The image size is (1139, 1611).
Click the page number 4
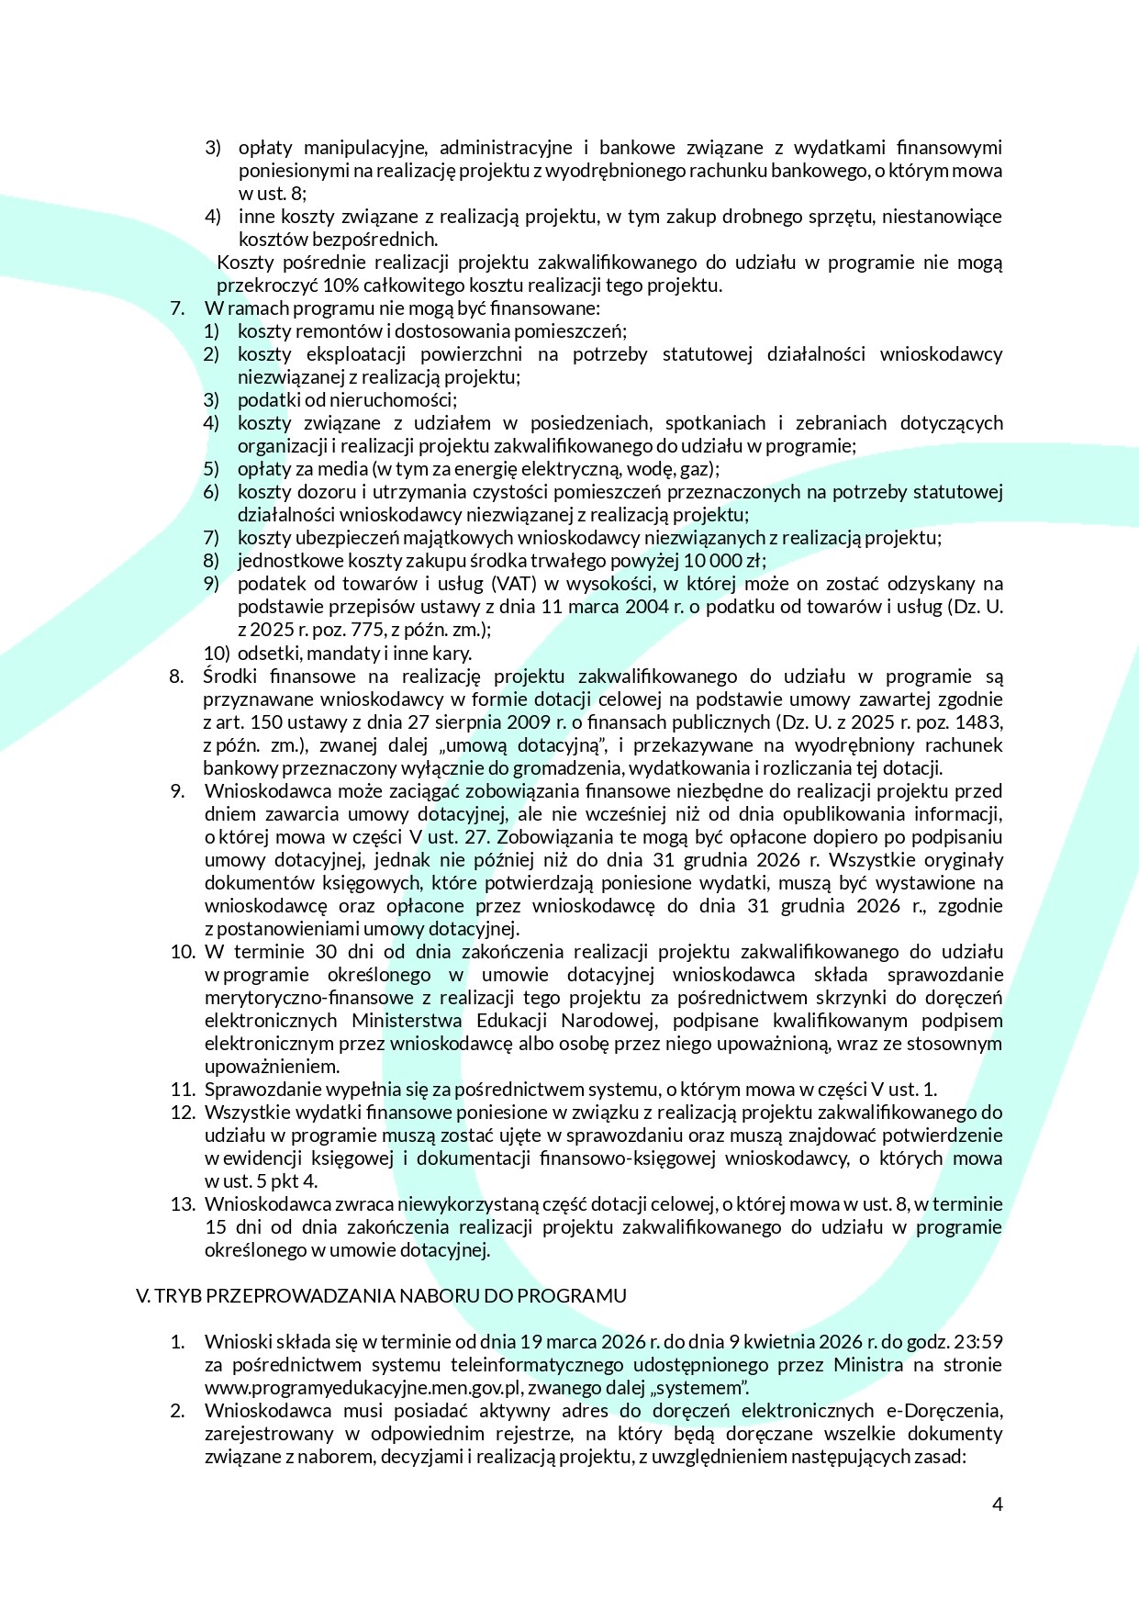click(997, 1504)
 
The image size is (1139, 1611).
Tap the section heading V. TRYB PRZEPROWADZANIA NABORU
click(381, 1295)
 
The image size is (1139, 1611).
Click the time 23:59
click(978, 1341)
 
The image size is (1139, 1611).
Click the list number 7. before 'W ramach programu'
click(177, 308)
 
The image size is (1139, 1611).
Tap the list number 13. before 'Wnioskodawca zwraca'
click(183, 1203)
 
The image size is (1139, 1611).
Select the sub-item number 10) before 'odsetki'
click(216, 653)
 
